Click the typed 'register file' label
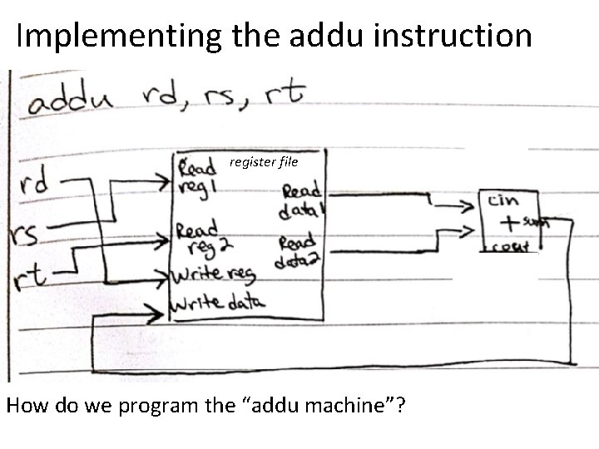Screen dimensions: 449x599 click(x=263, y=161)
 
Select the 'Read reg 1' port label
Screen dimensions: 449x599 click(x=197, y=175)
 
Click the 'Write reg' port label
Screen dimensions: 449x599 click(x=215, y=274)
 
